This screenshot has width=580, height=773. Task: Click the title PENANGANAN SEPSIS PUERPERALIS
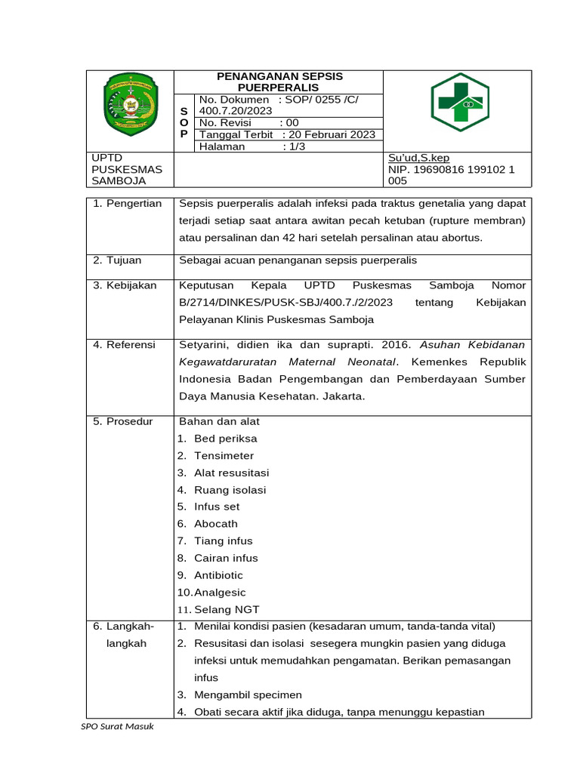(279, 82)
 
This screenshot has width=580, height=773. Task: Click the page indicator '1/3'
(294, 146)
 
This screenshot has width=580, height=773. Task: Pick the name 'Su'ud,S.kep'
(418, 158)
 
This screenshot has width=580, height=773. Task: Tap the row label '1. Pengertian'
(128, 204)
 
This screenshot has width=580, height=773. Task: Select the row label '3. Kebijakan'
(125, 286)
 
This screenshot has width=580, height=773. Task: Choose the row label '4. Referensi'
(125, 345)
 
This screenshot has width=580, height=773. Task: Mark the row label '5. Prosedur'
(123, 422)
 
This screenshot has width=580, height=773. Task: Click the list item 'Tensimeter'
(224, 456)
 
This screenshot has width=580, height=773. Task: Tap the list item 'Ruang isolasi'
(230, 490)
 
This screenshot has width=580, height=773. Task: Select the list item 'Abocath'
(215, 524)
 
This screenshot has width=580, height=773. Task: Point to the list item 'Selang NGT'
(227, 610)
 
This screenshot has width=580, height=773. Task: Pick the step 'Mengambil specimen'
(248, 695)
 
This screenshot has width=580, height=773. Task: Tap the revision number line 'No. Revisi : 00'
(249, 123)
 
